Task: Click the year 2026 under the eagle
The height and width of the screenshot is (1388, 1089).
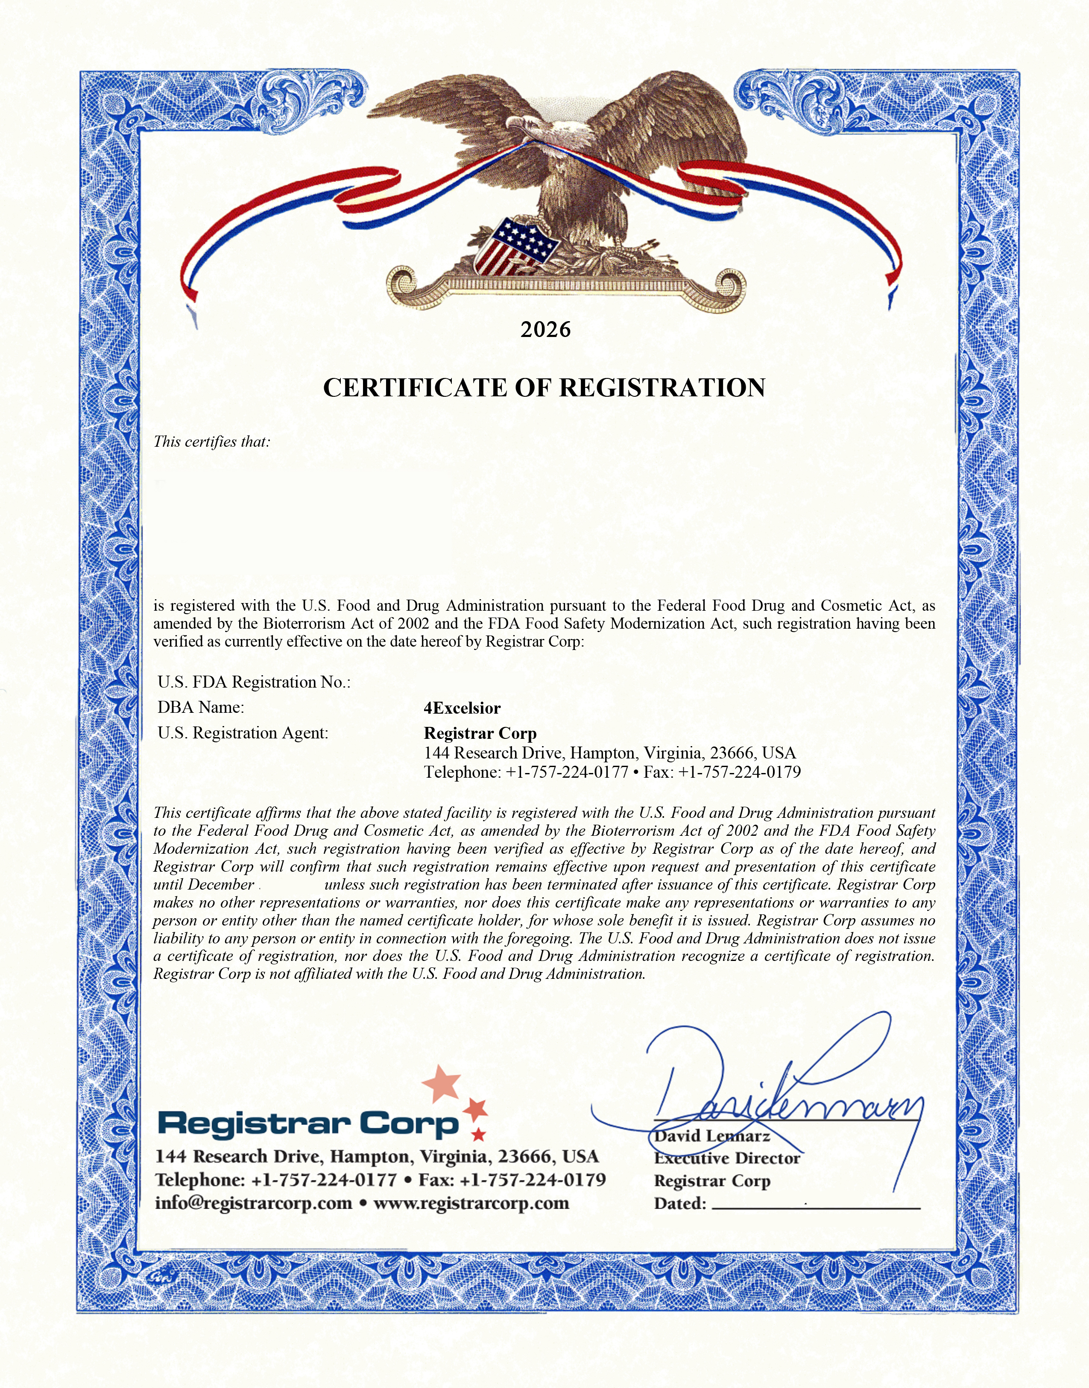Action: click(545, 330)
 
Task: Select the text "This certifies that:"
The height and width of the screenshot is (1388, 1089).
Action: click(212, 442)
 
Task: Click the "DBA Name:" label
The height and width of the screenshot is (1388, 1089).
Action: click(201, 707)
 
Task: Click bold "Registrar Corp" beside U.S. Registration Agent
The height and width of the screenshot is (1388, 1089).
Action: click(480, 733)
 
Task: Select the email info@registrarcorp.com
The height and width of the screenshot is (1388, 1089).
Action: click(253, 1203)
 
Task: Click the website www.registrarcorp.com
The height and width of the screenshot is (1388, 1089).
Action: click(471, 1203)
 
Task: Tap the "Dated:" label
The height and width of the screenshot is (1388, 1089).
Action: click(680, 1204)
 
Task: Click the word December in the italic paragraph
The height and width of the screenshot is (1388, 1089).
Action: click(221, 884)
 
